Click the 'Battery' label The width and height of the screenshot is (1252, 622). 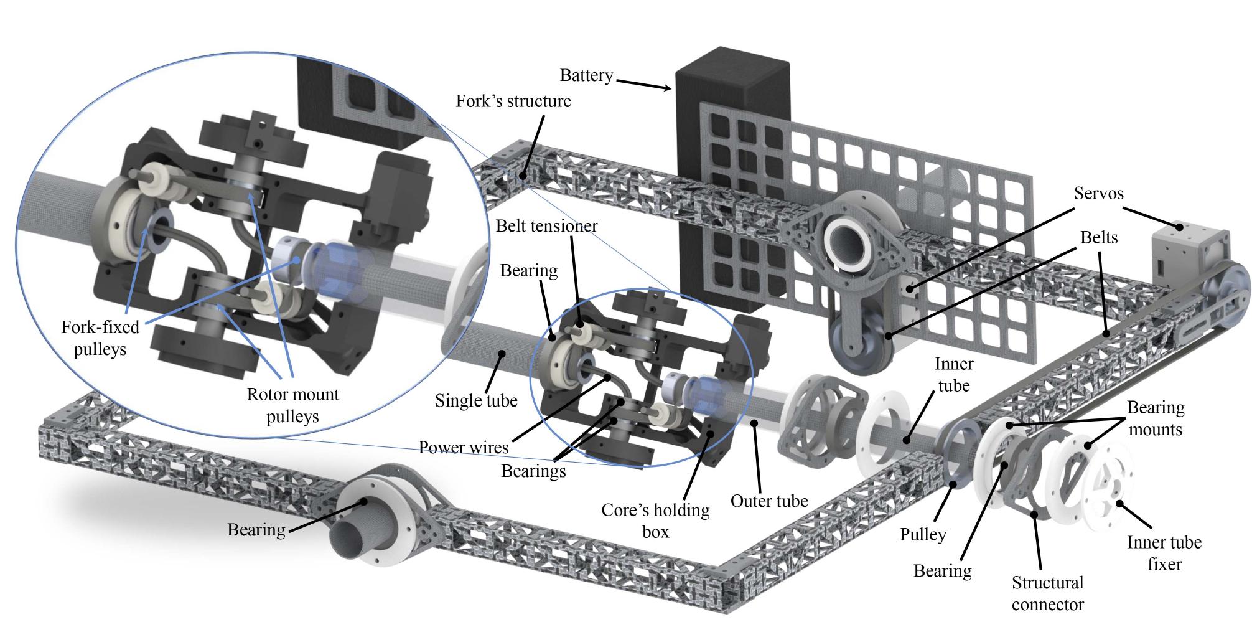click(586, 76)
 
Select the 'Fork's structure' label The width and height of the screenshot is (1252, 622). click(513, 101)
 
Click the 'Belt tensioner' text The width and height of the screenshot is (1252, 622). click(546, 225)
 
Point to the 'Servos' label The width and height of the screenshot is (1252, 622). click(1098, 194)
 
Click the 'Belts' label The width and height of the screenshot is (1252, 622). click(1099, 238)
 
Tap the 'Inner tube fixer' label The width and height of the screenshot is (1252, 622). click(1164, 553)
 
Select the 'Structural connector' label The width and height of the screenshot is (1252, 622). click(1047, 593)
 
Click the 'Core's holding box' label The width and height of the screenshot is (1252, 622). click(655, 520)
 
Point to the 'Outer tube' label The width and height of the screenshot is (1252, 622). click(769, 501)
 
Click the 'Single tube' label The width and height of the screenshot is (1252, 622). click(476, 400)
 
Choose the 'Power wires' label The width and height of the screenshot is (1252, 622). click(464, 447)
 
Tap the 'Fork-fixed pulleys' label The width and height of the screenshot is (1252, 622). click(100, 338)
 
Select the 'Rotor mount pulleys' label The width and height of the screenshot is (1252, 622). click(292, 405)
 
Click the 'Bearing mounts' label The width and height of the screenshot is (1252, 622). click(1156, 418)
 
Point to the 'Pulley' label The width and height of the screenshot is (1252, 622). click(923, 534)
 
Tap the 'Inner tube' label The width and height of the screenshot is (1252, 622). click(953, 375)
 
